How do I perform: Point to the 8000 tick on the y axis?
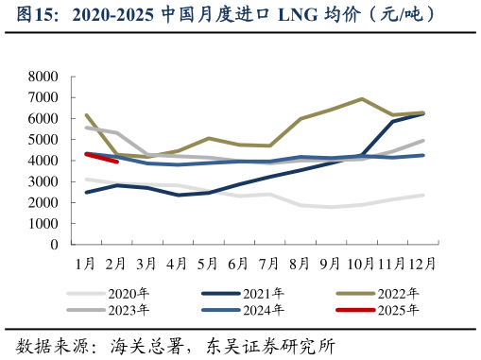point(43,77)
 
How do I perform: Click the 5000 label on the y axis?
point(43,140)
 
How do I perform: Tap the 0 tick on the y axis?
point(54,245)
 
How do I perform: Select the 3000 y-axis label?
point(43,181)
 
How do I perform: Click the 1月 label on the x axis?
point(85,262)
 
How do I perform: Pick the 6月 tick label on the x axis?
point(239,262)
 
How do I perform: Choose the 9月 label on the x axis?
point(332,262)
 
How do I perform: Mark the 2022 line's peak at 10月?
point(362,98)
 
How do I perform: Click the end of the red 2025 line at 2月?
point(116,162)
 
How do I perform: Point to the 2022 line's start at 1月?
point(86,115)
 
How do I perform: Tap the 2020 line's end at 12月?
point(422,195)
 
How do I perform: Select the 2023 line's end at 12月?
point(422,141)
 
